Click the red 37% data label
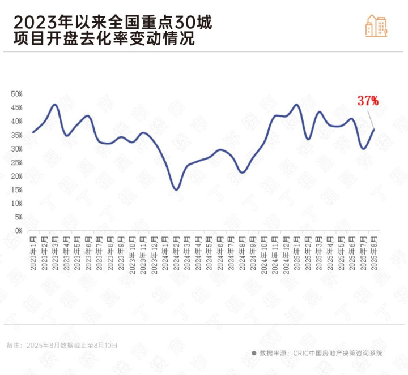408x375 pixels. click(x=368, y=101)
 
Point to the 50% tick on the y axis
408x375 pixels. click(x=16, y=94)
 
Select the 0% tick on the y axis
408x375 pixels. click(x=18, y=231)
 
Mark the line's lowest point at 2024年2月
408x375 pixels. click(x=176, y=189)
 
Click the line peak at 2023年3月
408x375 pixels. click(x=55, y=105)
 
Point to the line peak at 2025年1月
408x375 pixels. click(x=297, y=105)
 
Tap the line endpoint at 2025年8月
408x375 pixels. click(x=374, y=130)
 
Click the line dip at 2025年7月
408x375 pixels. click(x=363, y=149)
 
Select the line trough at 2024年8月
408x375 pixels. click(x=242, y=172)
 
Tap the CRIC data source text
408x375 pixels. click(x=321, y=352)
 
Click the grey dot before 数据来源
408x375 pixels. click(x=254, y=352)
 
